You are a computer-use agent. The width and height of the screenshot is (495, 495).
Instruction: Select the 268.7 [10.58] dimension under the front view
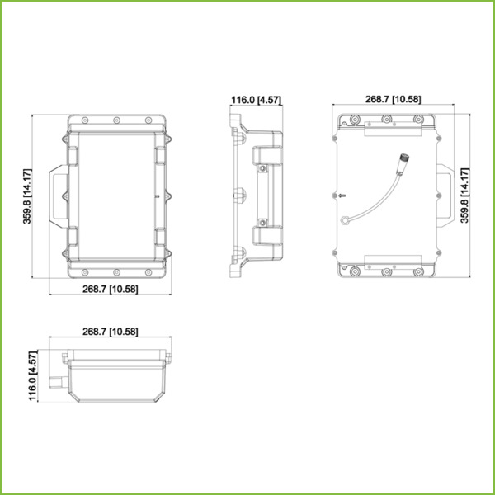(110, 289)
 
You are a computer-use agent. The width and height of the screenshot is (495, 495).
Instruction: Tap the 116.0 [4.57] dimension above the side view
(256, 100)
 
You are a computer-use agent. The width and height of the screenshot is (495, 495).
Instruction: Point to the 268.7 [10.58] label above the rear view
(393, 99)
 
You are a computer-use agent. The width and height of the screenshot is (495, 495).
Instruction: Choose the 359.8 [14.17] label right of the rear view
(465, 196)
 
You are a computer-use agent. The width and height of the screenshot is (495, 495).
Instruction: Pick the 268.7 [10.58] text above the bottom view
(110, 332)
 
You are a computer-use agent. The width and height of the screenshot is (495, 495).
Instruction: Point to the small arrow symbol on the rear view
(342, 196)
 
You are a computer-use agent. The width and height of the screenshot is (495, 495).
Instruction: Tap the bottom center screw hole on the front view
(116, 272)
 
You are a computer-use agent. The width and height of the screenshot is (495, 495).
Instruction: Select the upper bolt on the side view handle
(262, 170)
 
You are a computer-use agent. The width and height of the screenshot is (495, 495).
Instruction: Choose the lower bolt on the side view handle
(262, 221)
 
